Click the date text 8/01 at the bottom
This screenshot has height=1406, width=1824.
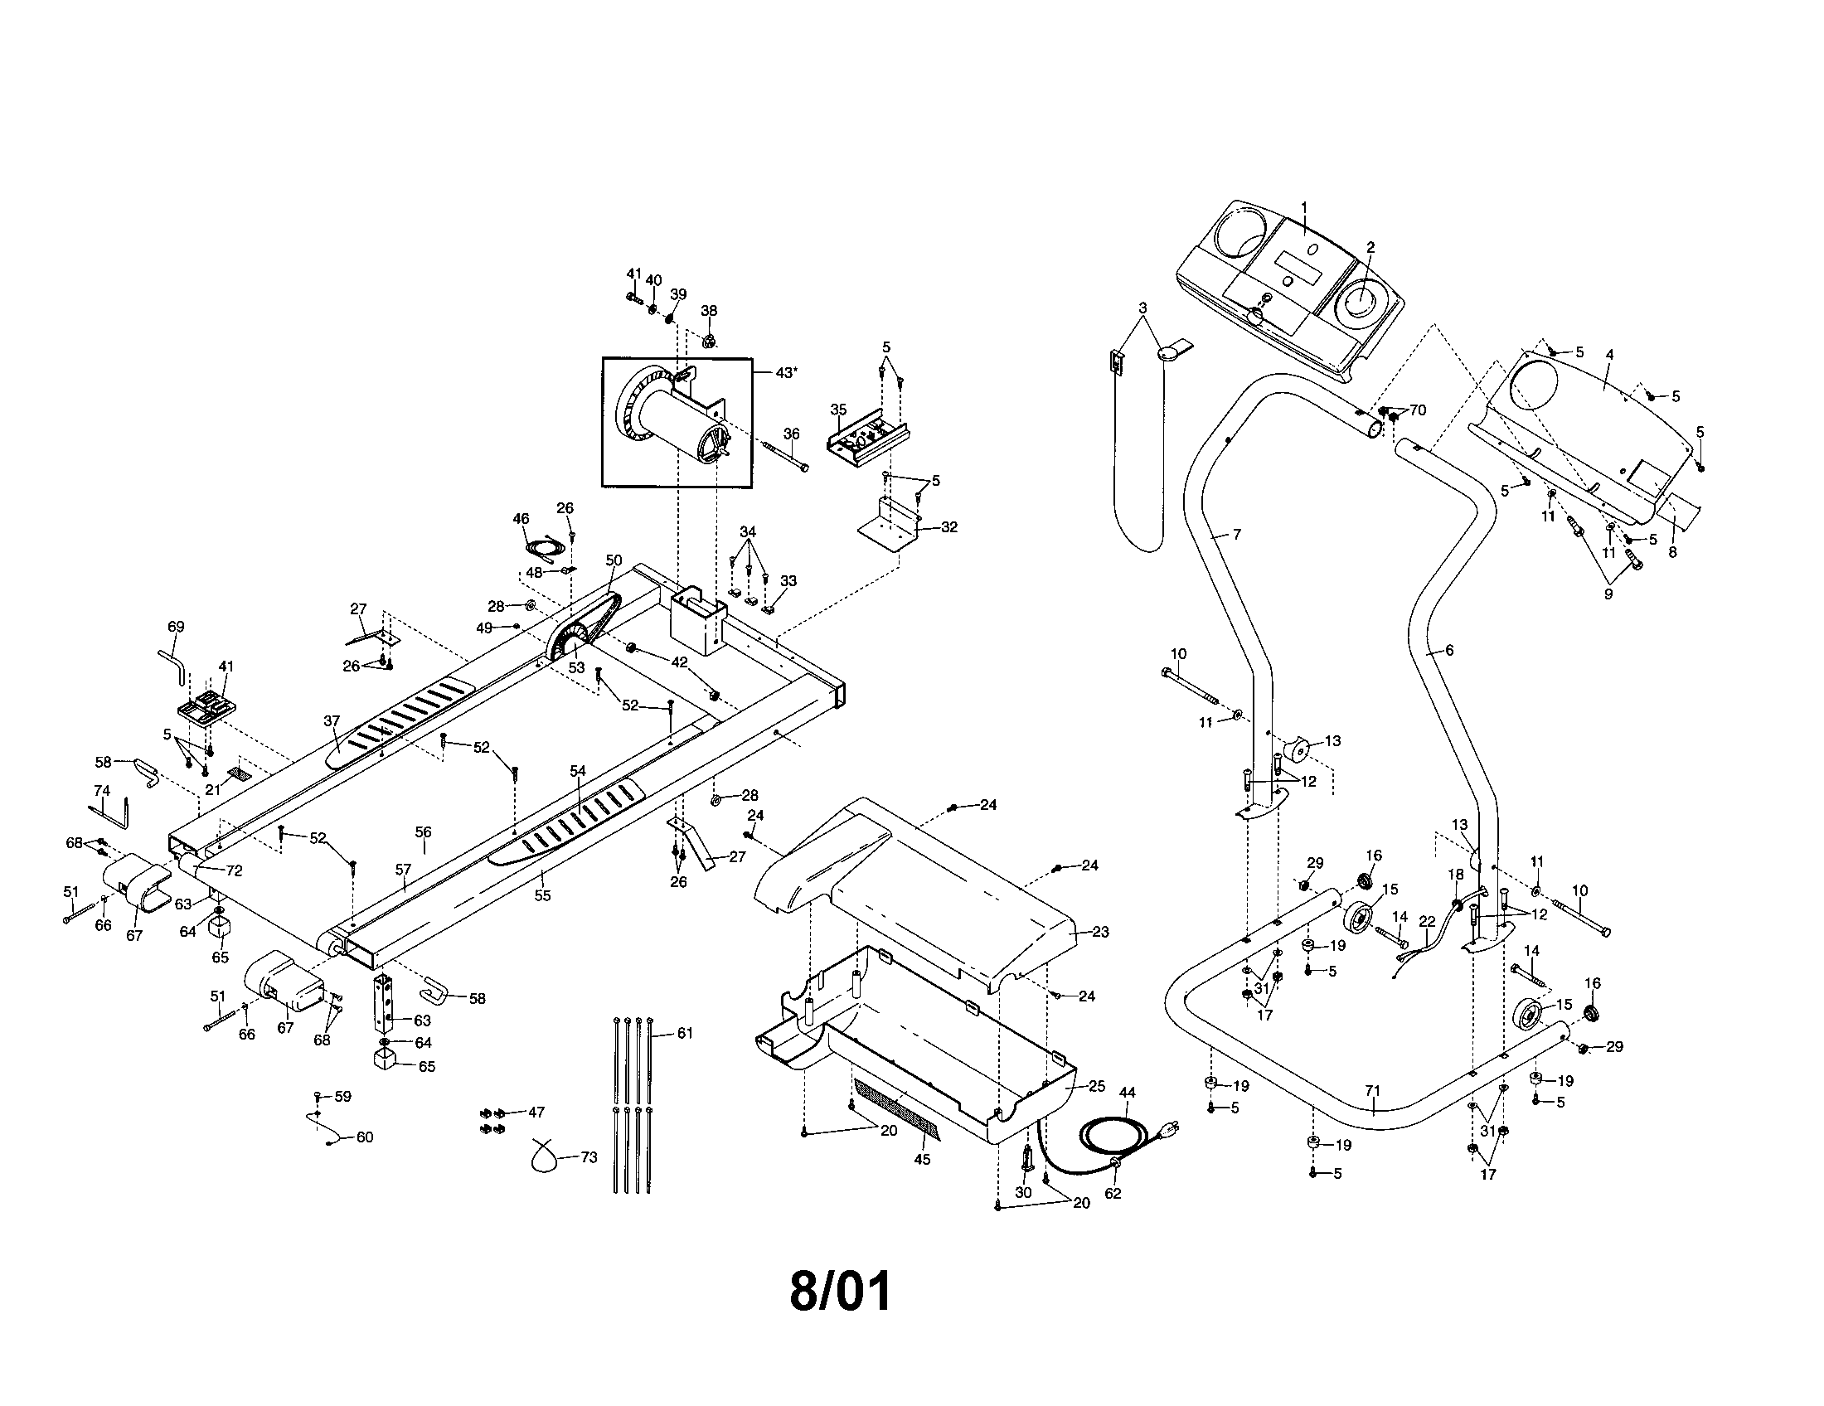click(x=840, y=1291)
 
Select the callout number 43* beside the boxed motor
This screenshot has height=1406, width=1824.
click(x=785, y=373)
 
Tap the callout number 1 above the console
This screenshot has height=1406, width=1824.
click(x=1304, y=206)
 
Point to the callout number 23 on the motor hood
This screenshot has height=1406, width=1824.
click(x=1101, y=932)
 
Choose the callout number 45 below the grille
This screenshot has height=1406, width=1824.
click(x=922, y=1160)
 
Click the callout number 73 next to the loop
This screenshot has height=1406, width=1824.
click(x=589, y=1158)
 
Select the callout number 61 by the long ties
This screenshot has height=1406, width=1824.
click(x=685, y=1034)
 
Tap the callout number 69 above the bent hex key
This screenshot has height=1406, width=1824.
click(x=176, y=626)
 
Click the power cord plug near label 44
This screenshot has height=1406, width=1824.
click(x=1171, y=1129)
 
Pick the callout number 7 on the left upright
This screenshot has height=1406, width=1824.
click(x=1237, y=535)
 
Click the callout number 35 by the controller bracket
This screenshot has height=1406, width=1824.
click(x=838, y=410)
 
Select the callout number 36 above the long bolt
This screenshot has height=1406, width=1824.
click(x=791, y=434)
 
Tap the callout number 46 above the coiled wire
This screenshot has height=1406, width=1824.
click(x=521, y=518)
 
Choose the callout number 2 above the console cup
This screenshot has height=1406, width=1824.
click(x=1370, y=247)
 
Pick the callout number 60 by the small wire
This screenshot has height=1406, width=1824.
click(x=365, y=1137)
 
